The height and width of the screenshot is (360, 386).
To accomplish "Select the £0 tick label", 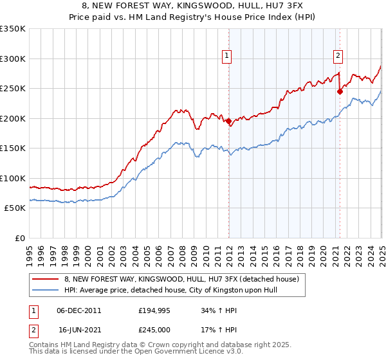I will point(20,238).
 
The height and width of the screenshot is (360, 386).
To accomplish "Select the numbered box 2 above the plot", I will point(338,56).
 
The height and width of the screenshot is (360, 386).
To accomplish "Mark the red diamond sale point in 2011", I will point(228,121).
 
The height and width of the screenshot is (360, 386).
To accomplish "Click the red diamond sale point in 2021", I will point(340,91).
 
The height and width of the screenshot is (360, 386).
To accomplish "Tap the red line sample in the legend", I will point(45,280).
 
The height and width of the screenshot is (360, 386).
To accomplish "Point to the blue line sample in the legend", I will point(45,291).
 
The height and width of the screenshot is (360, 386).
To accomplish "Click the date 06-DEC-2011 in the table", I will point(78,310).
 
